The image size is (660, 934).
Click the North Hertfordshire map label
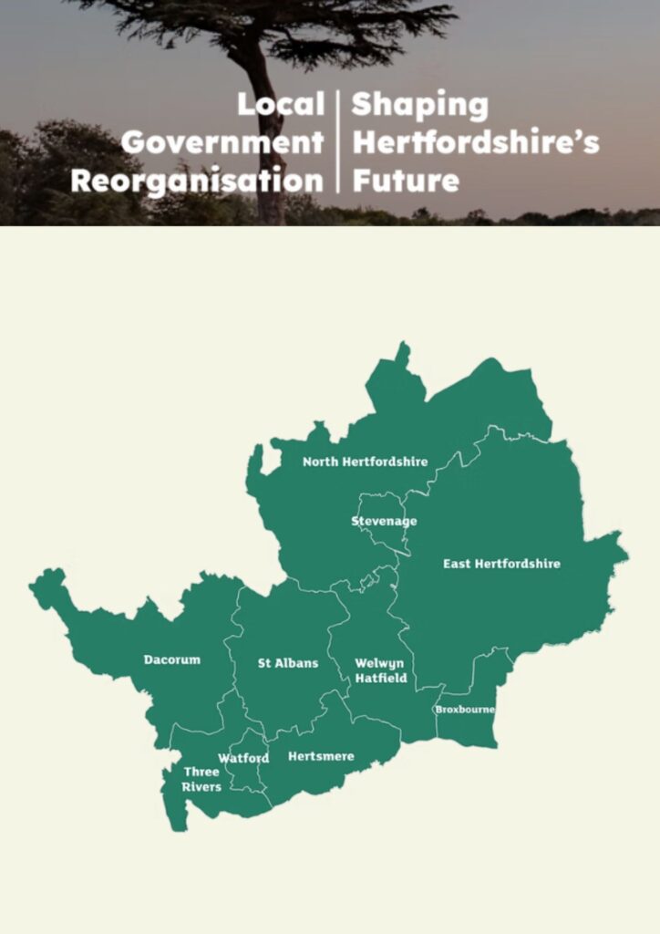pos(365,462)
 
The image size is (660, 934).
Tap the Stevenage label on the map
pos(384,521)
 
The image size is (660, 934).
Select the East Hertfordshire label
pos(501,564)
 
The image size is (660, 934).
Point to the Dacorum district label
pos(171,659)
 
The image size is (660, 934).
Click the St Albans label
pos(288,663)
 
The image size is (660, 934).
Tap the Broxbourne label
pos(465,710)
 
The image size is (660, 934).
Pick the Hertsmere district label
pos(321,756)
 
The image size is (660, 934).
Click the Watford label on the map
pos(243,758)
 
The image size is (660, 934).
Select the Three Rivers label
pos(201,779)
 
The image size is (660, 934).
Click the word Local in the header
pos(281,105)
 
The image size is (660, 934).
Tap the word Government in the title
pos(222,143)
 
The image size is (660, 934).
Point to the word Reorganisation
pos(197,181)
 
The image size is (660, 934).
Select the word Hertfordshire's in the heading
pos(475,143)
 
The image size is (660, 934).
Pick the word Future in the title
pos(405,181)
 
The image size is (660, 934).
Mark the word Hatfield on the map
pos(381,679)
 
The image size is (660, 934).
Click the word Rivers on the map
pos(201,786)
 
